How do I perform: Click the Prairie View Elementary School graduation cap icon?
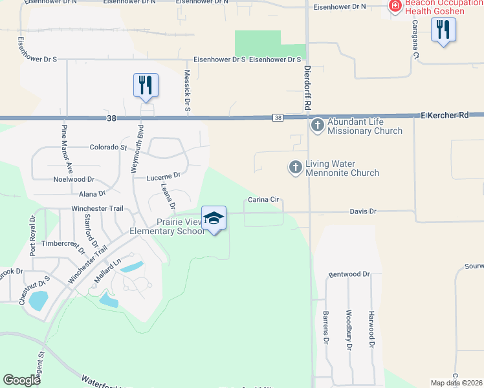(214, 219)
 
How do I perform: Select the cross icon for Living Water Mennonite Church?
(295, 167)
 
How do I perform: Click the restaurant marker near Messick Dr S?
(146, 85)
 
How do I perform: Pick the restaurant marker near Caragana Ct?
(443, 30)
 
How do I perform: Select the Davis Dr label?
(363, 211)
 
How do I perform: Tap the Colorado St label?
(108, 147)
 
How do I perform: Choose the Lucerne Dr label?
(162, 175)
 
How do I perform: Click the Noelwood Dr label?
(74, 179)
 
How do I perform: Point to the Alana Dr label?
(92, 193)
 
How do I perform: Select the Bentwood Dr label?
(349, 274)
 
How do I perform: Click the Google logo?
(21, 380)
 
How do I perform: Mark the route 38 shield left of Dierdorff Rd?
(278, 118)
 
